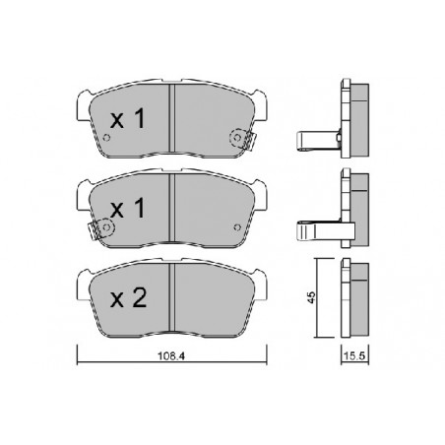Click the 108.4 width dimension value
[x=171, y=355]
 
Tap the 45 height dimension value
[x=311, y=297]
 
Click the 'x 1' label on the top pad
[x=128, y=119]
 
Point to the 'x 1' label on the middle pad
[x=128, y=209]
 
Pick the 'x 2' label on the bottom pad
[x=128, y=298]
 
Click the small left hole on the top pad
[x=106, y=138]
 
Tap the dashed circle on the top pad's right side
[x=237, y=138]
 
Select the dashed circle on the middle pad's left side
[x=106, y=227]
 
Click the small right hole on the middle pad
[x=237, y=227]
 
